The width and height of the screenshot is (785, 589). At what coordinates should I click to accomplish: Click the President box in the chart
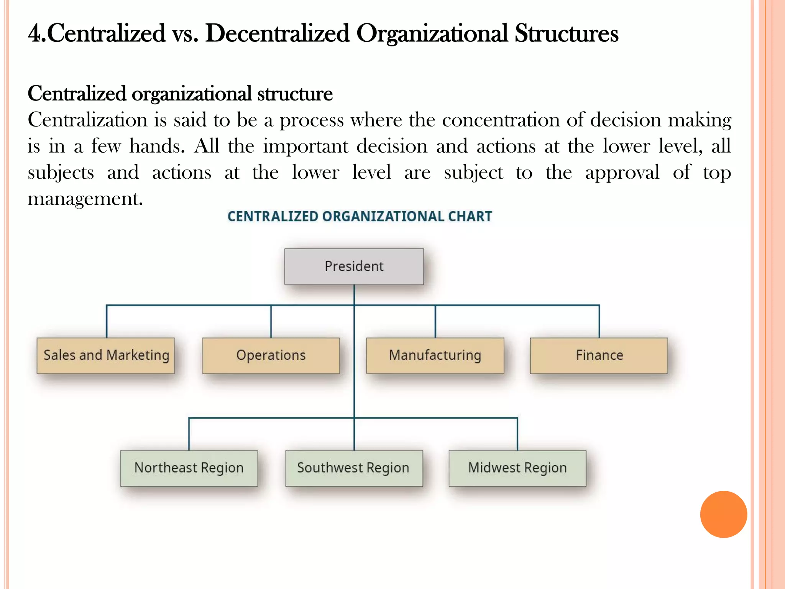[354, 267]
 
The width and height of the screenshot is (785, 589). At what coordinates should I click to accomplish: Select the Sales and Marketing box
[106, 355]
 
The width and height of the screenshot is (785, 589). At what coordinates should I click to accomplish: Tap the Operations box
[271, 355]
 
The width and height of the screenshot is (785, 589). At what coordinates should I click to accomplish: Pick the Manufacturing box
[435, 355]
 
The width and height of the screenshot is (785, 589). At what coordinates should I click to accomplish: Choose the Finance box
[599, 355]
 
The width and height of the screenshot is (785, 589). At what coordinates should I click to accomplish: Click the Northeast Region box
[189, 468]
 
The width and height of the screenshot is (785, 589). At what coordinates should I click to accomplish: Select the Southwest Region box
[354, 468]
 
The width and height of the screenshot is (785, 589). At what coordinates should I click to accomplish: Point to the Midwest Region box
[517, 468]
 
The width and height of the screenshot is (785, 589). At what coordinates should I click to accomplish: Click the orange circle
[723, 514]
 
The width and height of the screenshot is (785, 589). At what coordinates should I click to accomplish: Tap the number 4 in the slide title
[34, 34]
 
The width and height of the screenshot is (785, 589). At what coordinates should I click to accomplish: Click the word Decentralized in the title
[277, 34]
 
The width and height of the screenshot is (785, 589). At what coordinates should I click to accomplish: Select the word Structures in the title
[566, 34]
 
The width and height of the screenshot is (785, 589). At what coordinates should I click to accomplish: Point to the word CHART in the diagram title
[470, 217]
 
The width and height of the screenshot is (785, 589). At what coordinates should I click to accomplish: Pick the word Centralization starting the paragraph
[87, 120]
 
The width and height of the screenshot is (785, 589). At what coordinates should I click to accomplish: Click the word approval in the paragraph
[622, 173]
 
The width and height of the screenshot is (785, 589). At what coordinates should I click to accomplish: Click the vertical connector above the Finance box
[599, 321]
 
